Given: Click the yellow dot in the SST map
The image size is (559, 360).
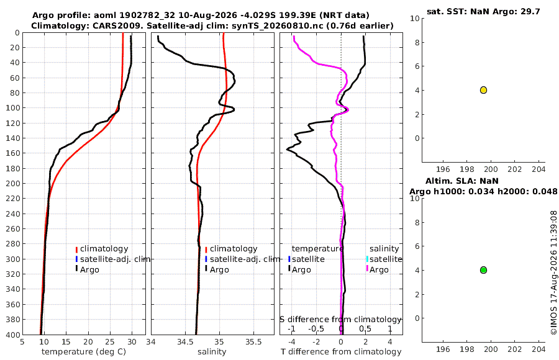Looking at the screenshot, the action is click(483, 90).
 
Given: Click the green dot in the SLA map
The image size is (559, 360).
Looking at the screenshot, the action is click(483, 270).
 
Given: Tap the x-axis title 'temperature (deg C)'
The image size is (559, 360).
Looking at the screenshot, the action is click(84, 352).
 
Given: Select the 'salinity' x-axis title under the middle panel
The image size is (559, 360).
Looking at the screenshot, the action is click(212, 352).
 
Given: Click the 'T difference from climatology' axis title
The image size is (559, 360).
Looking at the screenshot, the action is click(341, 352).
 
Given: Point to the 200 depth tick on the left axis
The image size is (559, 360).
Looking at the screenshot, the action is click(12, 183).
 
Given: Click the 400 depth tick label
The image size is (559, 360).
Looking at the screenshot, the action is click(12, 335).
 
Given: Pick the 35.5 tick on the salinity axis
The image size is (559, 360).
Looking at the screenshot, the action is click(253, 342).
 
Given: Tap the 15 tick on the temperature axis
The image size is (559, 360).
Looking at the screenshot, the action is click(66, 342).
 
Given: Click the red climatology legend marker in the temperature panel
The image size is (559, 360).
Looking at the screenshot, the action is click(76, 250).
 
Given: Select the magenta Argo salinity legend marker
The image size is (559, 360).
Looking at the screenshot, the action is click(367, 269).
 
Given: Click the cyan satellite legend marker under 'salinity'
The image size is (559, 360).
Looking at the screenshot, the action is click(367, 259).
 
